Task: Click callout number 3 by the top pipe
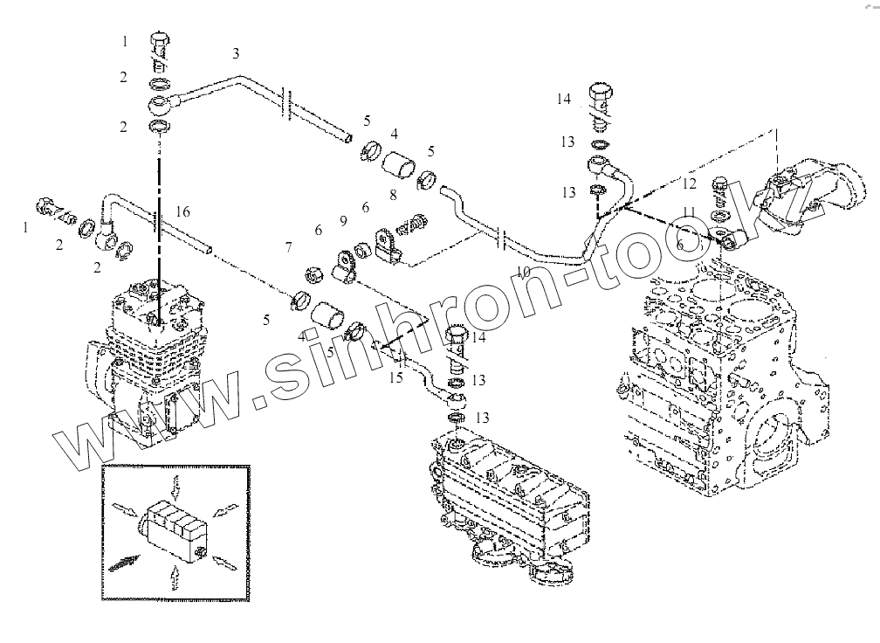(236, 54)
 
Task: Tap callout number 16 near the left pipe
(182, 212)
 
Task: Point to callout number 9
(343, 220)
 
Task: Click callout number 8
(394, 196)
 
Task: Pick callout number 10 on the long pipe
(523, 272)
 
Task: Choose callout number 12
(690, 183)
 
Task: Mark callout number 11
(689, 212)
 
